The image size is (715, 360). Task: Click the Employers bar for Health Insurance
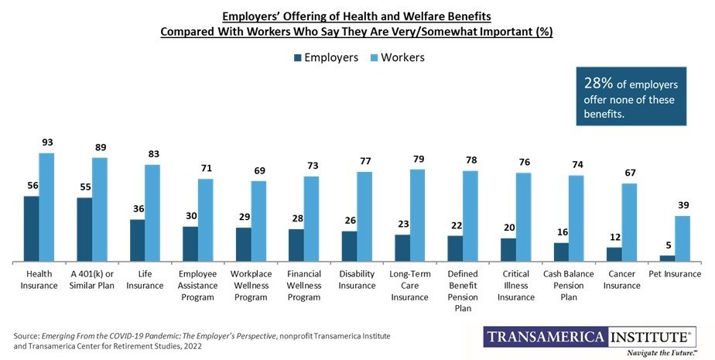point(32,229)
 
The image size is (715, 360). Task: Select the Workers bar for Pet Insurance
point(682,238)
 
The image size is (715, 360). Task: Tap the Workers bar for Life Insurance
point(152,214)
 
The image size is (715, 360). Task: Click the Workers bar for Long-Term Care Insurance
point(417,215)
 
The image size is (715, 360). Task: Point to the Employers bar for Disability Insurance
point(349,246)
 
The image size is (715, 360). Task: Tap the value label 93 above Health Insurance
point(46,142)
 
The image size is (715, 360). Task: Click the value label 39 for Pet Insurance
point(682,205)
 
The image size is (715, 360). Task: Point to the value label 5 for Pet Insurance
point(666,245)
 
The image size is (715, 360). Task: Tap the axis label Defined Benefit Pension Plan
point(463,290)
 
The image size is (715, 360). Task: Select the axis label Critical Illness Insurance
point(516,285)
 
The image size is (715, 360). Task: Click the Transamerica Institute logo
point(588,337)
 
